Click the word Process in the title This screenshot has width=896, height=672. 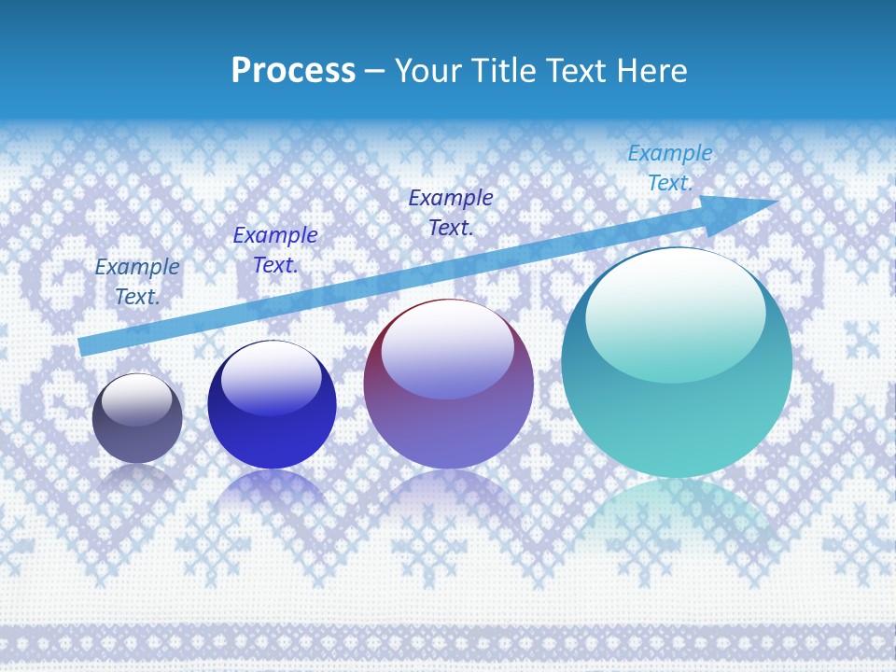[x=293, y=71]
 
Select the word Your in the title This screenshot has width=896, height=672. [x=430, y=71]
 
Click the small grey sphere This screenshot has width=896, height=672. [x=137, y=419]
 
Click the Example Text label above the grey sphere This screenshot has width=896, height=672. [x=137, y=282]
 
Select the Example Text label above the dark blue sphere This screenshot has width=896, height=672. [x=275, y=250]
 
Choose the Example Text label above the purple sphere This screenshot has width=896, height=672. [x=451, y=212]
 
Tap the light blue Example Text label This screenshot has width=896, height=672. [x=670, y=168]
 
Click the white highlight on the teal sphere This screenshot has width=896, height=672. [x=675, y=303]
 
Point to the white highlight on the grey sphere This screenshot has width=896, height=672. [x=137, y=399]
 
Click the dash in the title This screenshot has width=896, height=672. [x=375, y=71]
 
